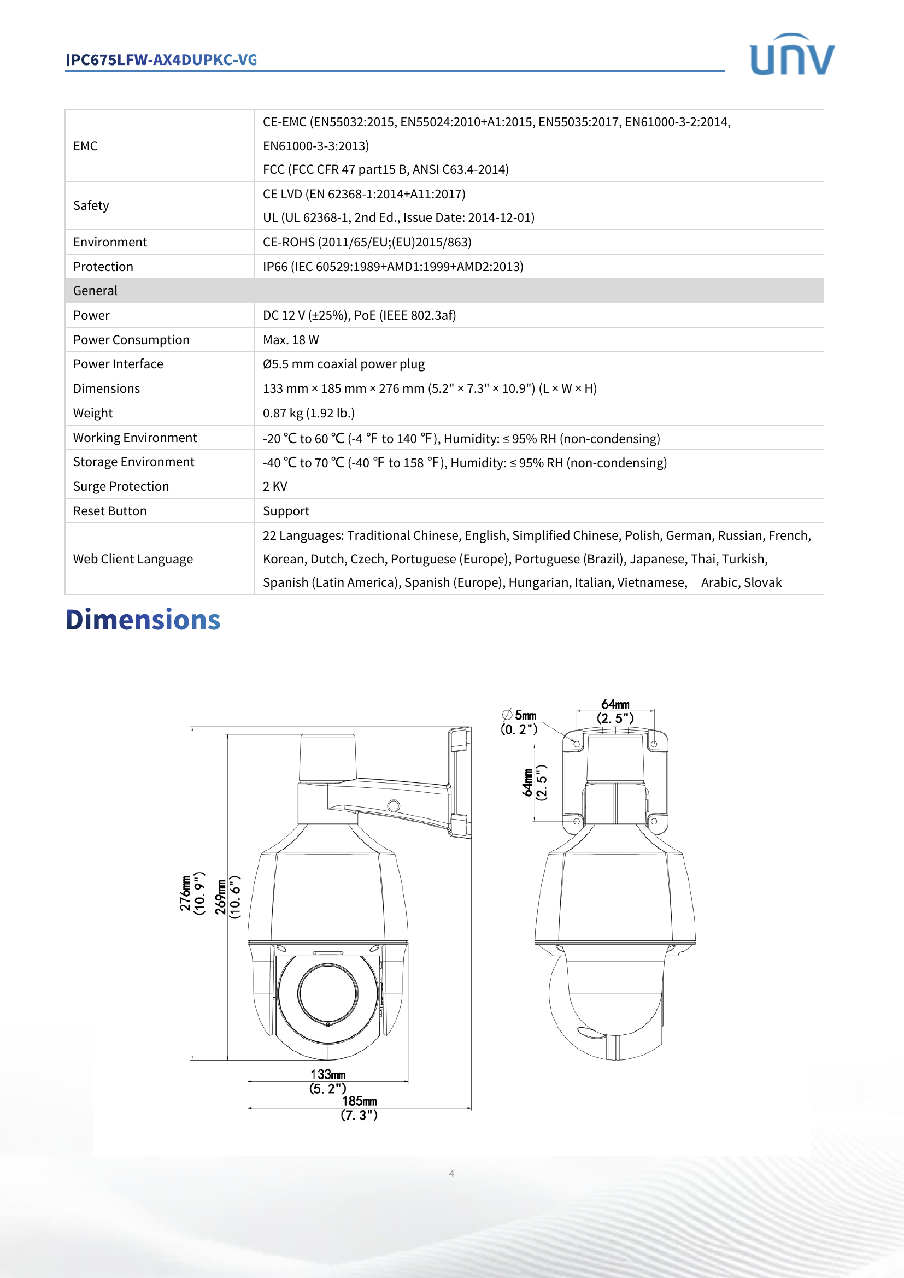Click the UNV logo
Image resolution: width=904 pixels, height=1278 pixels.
click(x=791, y=55)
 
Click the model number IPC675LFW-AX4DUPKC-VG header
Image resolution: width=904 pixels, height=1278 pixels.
click(x=161, y=60)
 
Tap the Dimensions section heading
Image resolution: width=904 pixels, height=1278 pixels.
click(x=143, y=620)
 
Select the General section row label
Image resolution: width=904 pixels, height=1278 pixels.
click(x=95, y=291)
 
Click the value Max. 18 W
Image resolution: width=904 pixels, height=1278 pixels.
click(x=291, y=339)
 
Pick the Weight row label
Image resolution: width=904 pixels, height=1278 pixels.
click(x=93, y=413)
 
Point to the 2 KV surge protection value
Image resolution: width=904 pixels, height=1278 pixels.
click(x=275, y=486)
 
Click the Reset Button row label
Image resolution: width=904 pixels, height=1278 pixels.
click(x=110, y=511)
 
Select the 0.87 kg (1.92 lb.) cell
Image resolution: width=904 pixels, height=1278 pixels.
click(x=308, y=413)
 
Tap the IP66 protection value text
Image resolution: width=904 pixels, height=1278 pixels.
click(x=392, y=267)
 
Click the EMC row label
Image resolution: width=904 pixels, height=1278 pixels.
click(x=85, y=146)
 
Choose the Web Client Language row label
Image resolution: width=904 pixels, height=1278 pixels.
click(x=132, y=559)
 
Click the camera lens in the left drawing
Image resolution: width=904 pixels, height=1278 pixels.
click(x=328, y=993)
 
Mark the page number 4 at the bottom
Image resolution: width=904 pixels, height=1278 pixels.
click(x=451, y=1173)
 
